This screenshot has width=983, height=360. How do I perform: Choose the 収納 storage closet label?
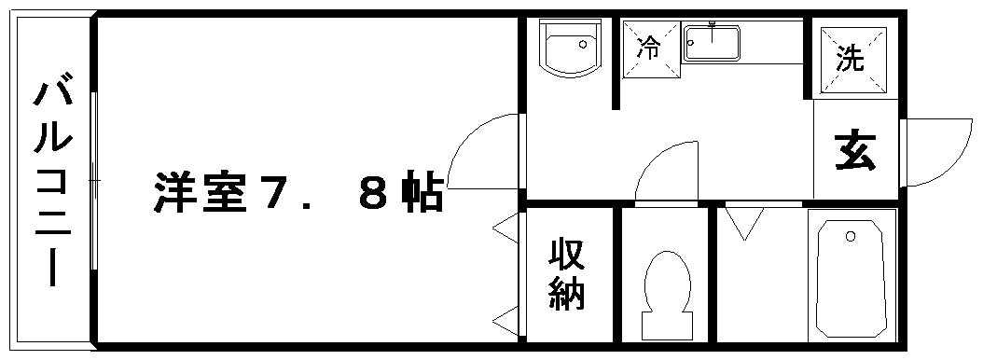566,274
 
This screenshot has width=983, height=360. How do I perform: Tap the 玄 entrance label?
855,150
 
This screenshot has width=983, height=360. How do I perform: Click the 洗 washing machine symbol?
850,60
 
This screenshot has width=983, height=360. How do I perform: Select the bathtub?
850,278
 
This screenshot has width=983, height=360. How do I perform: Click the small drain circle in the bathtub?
850,237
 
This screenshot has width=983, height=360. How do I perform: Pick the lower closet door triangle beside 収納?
507,321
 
